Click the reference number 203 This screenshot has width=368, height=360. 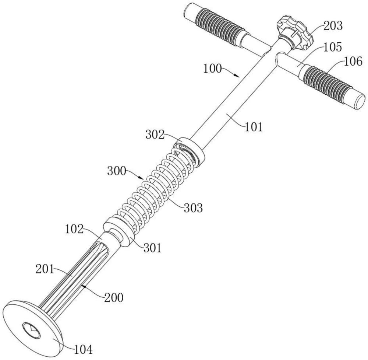click(333, 26)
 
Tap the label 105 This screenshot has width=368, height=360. click(333, 47)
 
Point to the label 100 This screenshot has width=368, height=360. click(212, 69)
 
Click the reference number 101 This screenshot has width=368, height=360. click(254, 127)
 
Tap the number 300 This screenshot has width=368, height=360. click(117, 171)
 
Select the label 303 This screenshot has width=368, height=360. click(193, 208)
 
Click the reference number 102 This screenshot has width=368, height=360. click(74, 229)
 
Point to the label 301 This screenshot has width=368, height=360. click(153, 248)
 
